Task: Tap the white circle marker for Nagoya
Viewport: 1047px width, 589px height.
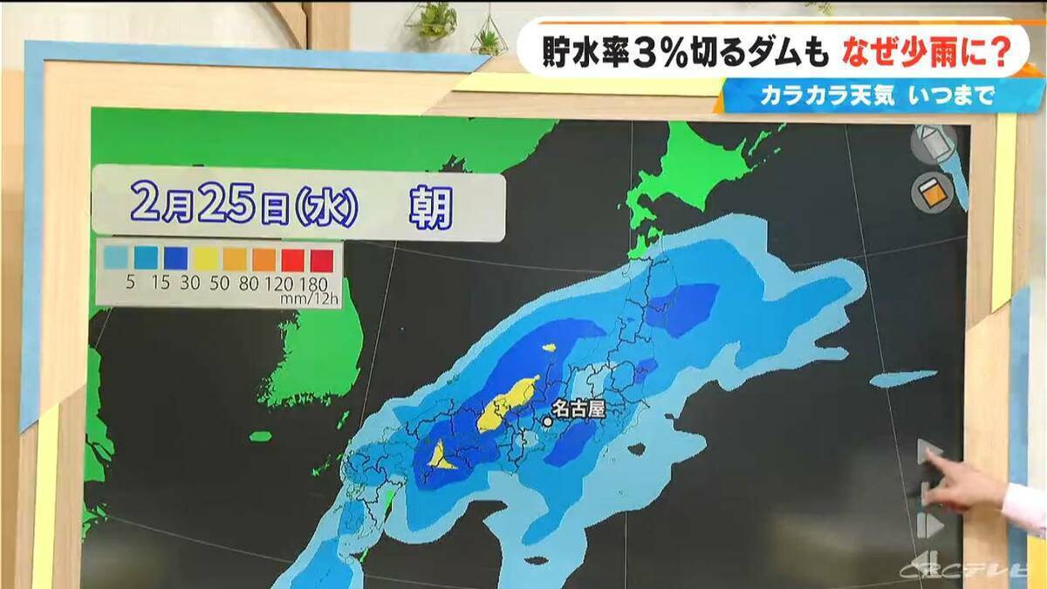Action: pos(548,421)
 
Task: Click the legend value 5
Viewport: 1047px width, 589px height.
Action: pos(113,283)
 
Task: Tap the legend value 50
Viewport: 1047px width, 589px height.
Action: pos(205,283)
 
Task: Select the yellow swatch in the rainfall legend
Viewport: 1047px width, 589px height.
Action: pos(205,258)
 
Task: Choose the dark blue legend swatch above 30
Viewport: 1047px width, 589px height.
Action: pos(174,258)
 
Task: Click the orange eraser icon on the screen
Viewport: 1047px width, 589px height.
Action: pos(930,193)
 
